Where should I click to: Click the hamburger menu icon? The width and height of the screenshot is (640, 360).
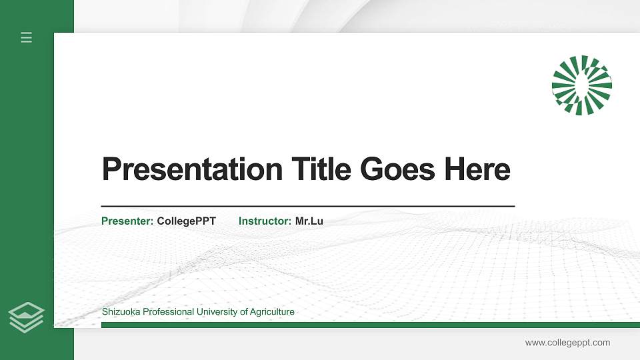26,37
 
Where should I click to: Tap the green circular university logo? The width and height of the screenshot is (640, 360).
581,85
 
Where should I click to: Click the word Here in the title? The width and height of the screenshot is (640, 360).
477,169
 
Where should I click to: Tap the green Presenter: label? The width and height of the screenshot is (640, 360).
127,221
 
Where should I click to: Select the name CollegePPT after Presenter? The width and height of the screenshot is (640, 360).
187,221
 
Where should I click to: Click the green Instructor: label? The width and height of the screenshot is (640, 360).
265,221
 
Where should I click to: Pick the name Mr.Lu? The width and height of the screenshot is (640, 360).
309,221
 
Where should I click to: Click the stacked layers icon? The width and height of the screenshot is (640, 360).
26,317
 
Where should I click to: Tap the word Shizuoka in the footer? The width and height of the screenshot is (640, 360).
121,312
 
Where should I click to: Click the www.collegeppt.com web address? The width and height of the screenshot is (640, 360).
567,343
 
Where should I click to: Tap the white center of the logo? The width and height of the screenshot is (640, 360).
581,84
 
